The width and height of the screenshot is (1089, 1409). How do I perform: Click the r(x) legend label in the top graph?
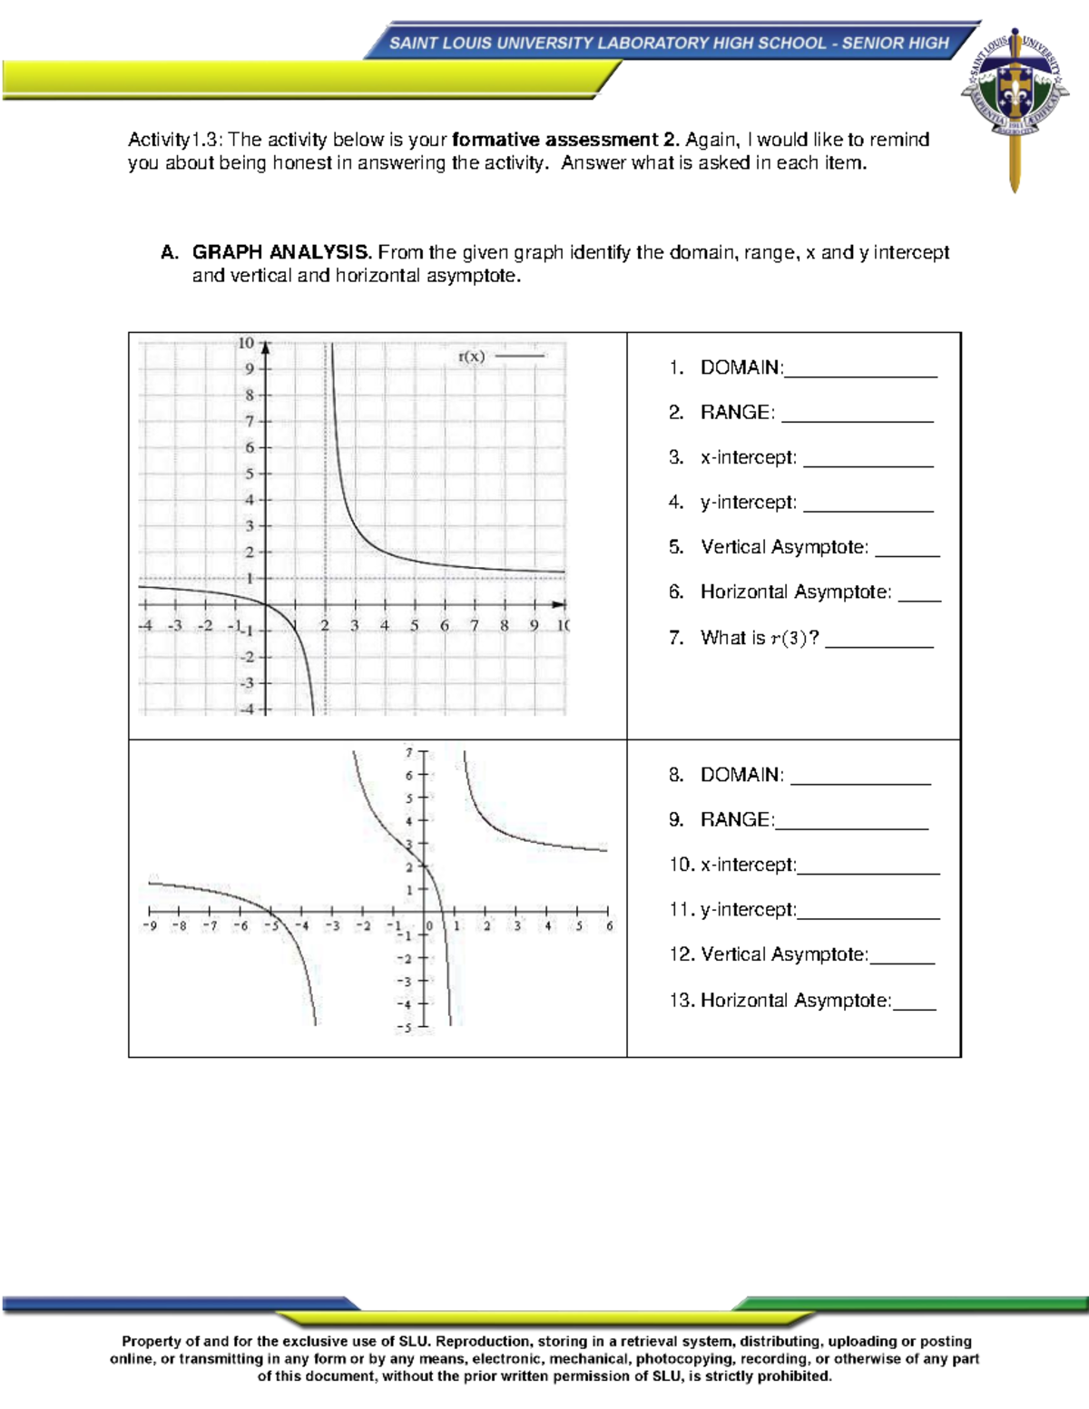[471, 357]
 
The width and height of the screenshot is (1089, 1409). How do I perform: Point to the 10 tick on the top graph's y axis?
[246, 343]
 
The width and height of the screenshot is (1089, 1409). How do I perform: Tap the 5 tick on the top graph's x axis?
[415, 625]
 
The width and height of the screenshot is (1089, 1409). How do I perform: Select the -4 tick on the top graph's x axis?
[145, 625]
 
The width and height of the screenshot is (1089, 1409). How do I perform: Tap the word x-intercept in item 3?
[748, 457]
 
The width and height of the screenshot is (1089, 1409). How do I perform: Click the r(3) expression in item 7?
[788, 638]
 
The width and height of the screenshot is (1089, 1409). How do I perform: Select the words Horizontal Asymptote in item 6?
[795, 592]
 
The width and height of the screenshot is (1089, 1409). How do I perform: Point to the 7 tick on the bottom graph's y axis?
[409, 752]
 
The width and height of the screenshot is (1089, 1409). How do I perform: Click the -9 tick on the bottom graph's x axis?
[150, 926]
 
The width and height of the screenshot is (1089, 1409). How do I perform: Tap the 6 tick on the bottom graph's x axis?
[610, 926]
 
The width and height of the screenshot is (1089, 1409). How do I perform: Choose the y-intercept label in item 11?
[748, 910]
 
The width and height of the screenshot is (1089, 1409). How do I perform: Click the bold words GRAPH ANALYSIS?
[281, 252]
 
